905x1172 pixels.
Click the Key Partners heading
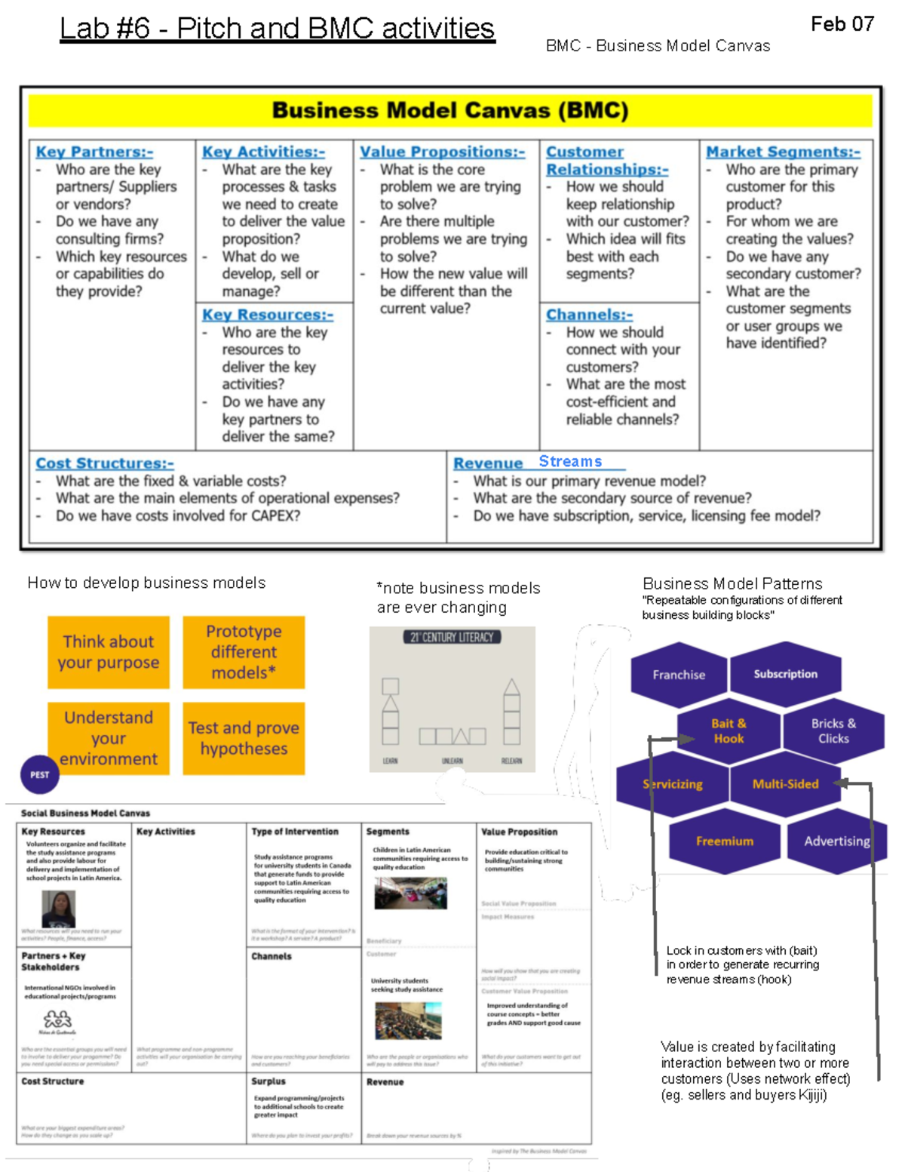pyautogui.click(x=94, y=152)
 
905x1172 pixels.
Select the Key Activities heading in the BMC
pyautogui.click(x=263, y=152)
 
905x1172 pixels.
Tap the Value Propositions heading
pyautogui.click(x=442, y=152)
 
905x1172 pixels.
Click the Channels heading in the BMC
pyautogui.click(x=589, y=315)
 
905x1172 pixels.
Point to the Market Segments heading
pyautogui.click(x=783, y=152)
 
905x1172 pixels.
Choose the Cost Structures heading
pyautogui.click(x=104, y=463)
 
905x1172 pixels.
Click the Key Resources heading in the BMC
pyautogui.click(x=267, y=315)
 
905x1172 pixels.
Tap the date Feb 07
pyautogui.click(x=842, y=24)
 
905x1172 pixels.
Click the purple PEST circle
pyautogui.click(x=40, y=774)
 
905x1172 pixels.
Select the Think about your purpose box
pyautogui.click(x=109, y=652)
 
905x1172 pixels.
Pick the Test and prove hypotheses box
pyautogui.click(x=244, y=738)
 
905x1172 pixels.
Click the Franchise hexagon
pyautogui.click(x=679, y=675)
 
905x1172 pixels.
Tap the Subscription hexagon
pyautogui.click(x=785, y=674)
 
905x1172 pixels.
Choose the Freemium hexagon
pyautogui.click(x=724, y=841)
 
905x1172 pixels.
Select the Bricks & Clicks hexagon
pyautogui.click(x=833, y=731)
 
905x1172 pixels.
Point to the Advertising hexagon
pyautogui.click(x=836, y=841)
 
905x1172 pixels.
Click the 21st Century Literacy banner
pyautogui.click(x=452, y=638)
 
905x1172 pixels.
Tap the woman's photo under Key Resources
pyautogui.click(x=58, y=909)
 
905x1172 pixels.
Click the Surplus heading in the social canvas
pyautogui.click(x=268, y=1081)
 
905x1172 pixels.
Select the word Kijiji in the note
pyautogui.click(x=812, y=1095)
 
